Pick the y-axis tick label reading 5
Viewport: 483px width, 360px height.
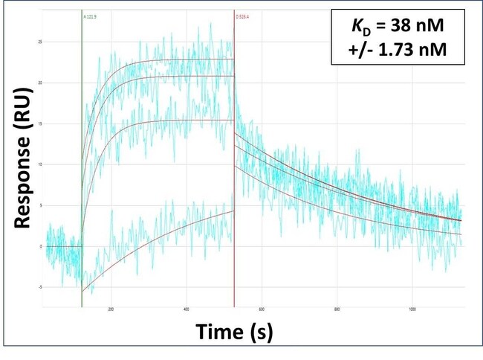[39, 205]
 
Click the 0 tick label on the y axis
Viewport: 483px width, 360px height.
[39, 246]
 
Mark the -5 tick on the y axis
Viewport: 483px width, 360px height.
[39, 287]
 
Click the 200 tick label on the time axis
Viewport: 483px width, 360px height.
[110, 309]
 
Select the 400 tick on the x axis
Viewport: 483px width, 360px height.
[186, 309]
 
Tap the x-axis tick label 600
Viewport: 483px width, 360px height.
[262, 309]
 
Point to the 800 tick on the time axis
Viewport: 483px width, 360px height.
[337, 309]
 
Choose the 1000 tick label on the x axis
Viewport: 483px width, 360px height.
[412, 309]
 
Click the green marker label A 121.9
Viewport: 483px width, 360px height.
[91, 14]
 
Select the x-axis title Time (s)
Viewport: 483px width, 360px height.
[234, 332]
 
